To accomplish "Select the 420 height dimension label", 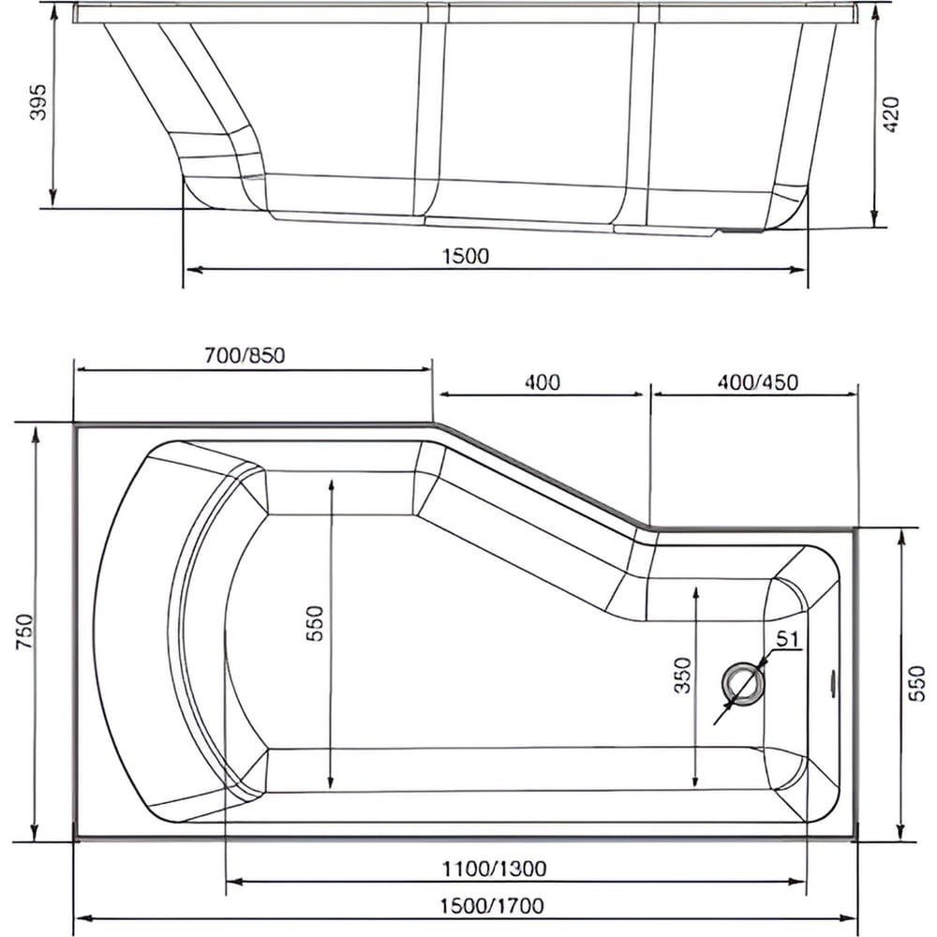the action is tap(891, 114).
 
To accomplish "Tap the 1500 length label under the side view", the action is tap(466, 257).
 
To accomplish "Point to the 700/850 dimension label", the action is tap(245, 355).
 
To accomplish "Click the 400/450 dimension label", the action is tap(758, 382).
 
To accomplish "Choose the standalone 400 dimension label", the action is tap(542, 382).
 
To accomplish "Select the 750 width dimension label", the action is tap(26, 632).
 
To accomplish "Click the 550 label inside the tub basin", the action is tap(314, 623).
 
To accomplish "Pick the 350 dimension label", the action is tap(682, 676).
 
